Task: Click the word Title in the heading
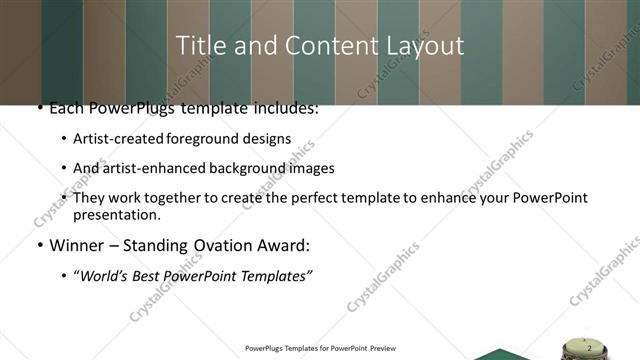point(199,46)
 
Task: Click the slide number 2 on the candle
point(590,347)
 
